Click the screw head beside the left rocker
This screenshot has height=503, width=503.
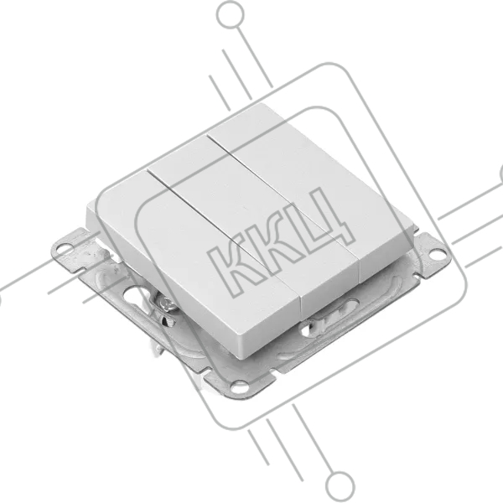click(x=169, y=303)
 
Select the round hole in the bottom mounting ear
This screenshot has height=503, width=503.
click(x=239, y=386)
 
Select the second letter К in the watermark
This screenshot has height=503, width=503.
click(x=286, y=241)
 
